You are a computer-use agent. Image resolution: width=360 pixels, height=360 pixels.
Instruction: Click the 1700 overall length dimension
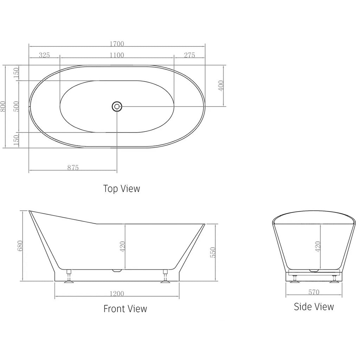point(117,44)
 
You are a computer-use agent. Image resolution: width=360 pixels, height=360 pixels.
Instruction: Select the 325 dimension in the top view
point(44,55)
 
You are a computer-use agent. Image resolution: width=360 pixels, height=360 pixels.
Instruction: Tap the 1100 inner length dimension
point(117,55)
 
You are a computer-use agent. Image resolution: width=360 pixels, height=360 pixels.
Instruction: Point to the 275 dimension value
point(189,55)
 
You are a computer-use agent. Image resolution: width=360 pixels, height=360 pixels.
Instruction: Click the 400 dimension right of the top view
point(221,85)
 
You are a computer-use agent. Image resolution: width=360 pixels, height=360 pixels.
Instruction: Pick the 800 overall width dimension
point(3,107)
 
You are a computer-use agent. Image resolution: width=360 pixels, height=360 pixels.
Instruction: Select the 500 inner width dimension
point(16,107)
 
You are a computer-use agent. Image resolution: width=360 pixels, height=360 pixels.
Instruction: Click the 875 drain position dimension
point(73,168)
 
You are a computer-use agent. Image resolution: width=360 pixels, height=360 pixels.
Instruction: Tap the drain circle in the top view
point(117,106)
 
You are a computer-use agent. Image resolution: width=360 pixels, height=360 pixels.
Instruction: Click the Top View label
point(121,188)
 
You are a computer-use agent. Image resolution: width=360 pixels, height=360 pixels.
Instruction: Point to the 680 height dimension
point(20,246)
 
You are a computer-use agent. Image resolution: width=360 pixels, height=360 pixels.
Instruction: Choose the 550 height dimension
point(212,252)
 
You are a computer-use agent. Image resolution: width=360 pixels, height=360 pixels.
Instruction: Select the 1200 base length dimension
point(117,294)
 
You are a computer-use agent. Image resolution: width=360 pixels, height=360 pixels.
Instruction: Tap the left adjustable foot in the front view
point(69,276)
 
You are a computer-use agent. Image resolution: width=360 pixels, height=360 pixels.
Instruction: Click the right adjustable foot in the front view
point(165,276)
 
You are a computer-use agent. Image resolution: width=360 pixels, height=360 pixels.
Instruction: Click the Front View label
point(125,309)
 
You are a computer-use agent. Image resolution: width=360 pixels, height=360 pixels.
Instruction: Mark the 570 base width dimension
point(314,292)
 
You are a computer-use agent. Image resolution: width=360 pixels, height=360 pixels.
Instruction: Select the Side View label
point(314,307)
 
